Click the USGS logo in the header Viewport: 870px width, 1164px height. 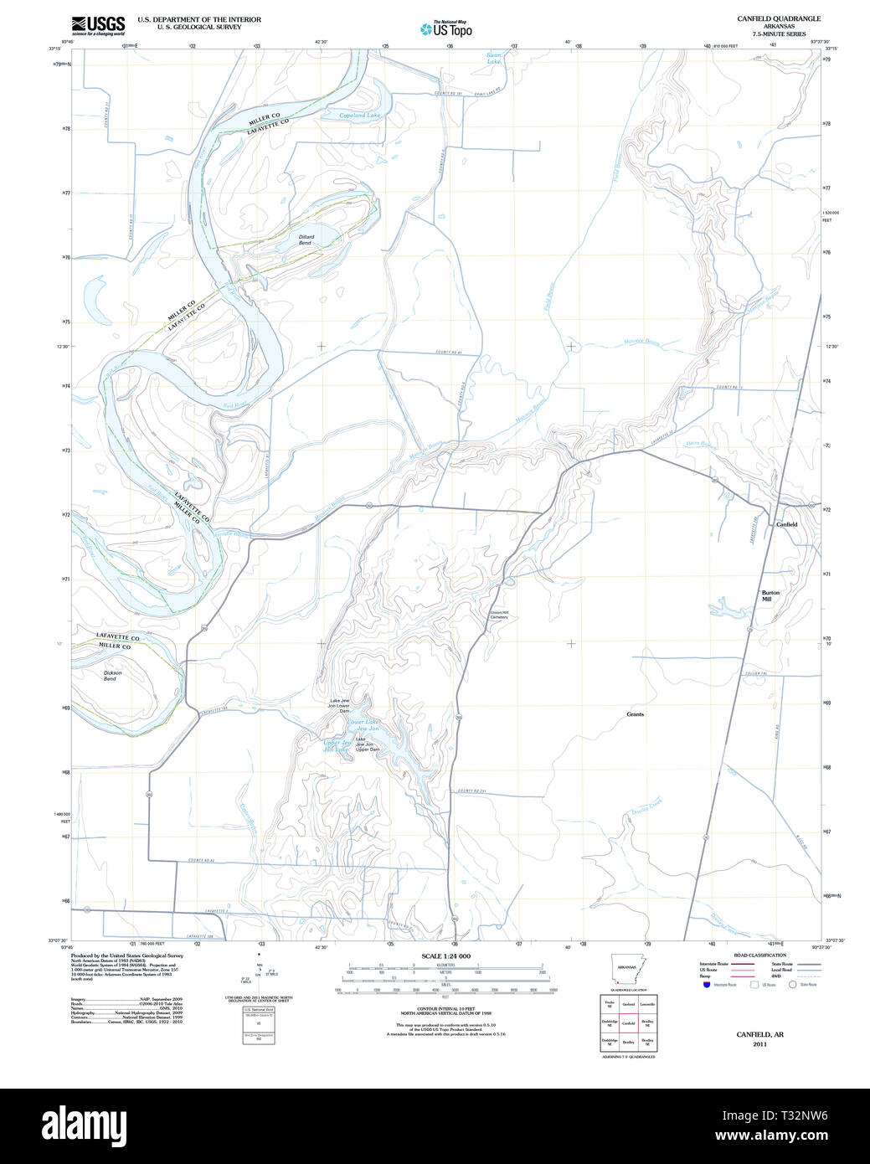pos(98,24)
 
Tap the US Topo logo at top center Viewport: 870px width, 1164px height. pos(446,28)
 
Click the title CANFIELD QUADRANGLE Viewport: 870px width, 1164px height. pos(779,18)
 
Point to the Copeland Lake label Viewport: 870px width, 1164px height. pos(359,116)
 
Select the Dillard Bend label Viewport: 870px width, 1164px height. pos(306,239)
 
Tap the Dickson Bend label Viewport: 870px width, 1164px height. pos(112,675)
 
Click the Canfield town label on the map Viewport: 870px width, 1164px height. pos(786,524)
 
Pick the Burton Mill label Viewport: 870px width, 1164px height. pos(770,596)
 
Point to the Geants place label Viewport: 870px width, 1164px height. pos(636,714)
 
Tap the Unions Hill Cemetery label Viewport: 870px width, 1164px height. pos(499,614)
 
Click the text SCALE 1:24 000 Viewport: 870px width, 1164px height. pos(445,956)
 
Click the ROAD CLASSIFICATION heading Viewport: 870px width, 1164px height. pos(759,955)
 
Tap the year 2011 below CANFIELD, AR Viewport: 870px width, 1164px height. pos(759,1044)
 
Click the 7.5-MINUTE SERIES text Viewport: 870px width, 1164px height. pos(779,33)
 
